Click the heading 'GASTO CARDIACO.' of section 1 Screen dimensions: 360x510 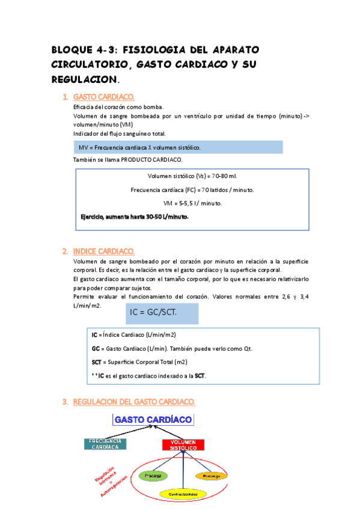(x=104, y=97)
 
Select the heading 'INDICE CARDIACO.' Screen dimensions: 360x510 (x=104, y=251)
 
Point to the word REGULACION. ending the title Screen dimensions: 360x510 (x=85, y=79)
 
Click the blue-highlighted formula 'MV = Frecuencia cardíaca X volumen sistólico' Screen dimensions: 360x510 (x=139, y=147)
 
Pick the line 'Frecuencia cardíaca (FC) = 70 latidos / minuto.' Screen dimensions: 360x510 (x=192, y=190)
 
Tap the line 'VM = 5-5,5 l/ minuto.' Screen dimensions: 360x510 (x=192, y=203)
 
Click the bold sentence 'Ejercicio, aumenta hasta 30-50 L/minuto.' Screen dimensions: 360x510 (x=135, y=217)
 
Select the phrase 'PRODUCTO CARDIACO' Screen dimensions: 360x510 (x=146, y=159)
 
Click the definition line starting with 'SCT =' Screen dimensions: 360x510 (x=139, y=362)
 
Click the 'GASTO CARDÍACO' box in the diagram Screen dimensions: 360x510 (x=153, y=419)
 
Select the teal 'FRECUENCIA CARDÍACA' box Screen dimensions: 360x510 (x=105, y=444)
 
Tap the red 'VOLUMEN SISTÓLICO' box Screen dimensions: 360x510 (x=184, y=445)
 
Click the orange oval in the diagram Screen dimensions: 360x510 (x=211, y=476)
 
